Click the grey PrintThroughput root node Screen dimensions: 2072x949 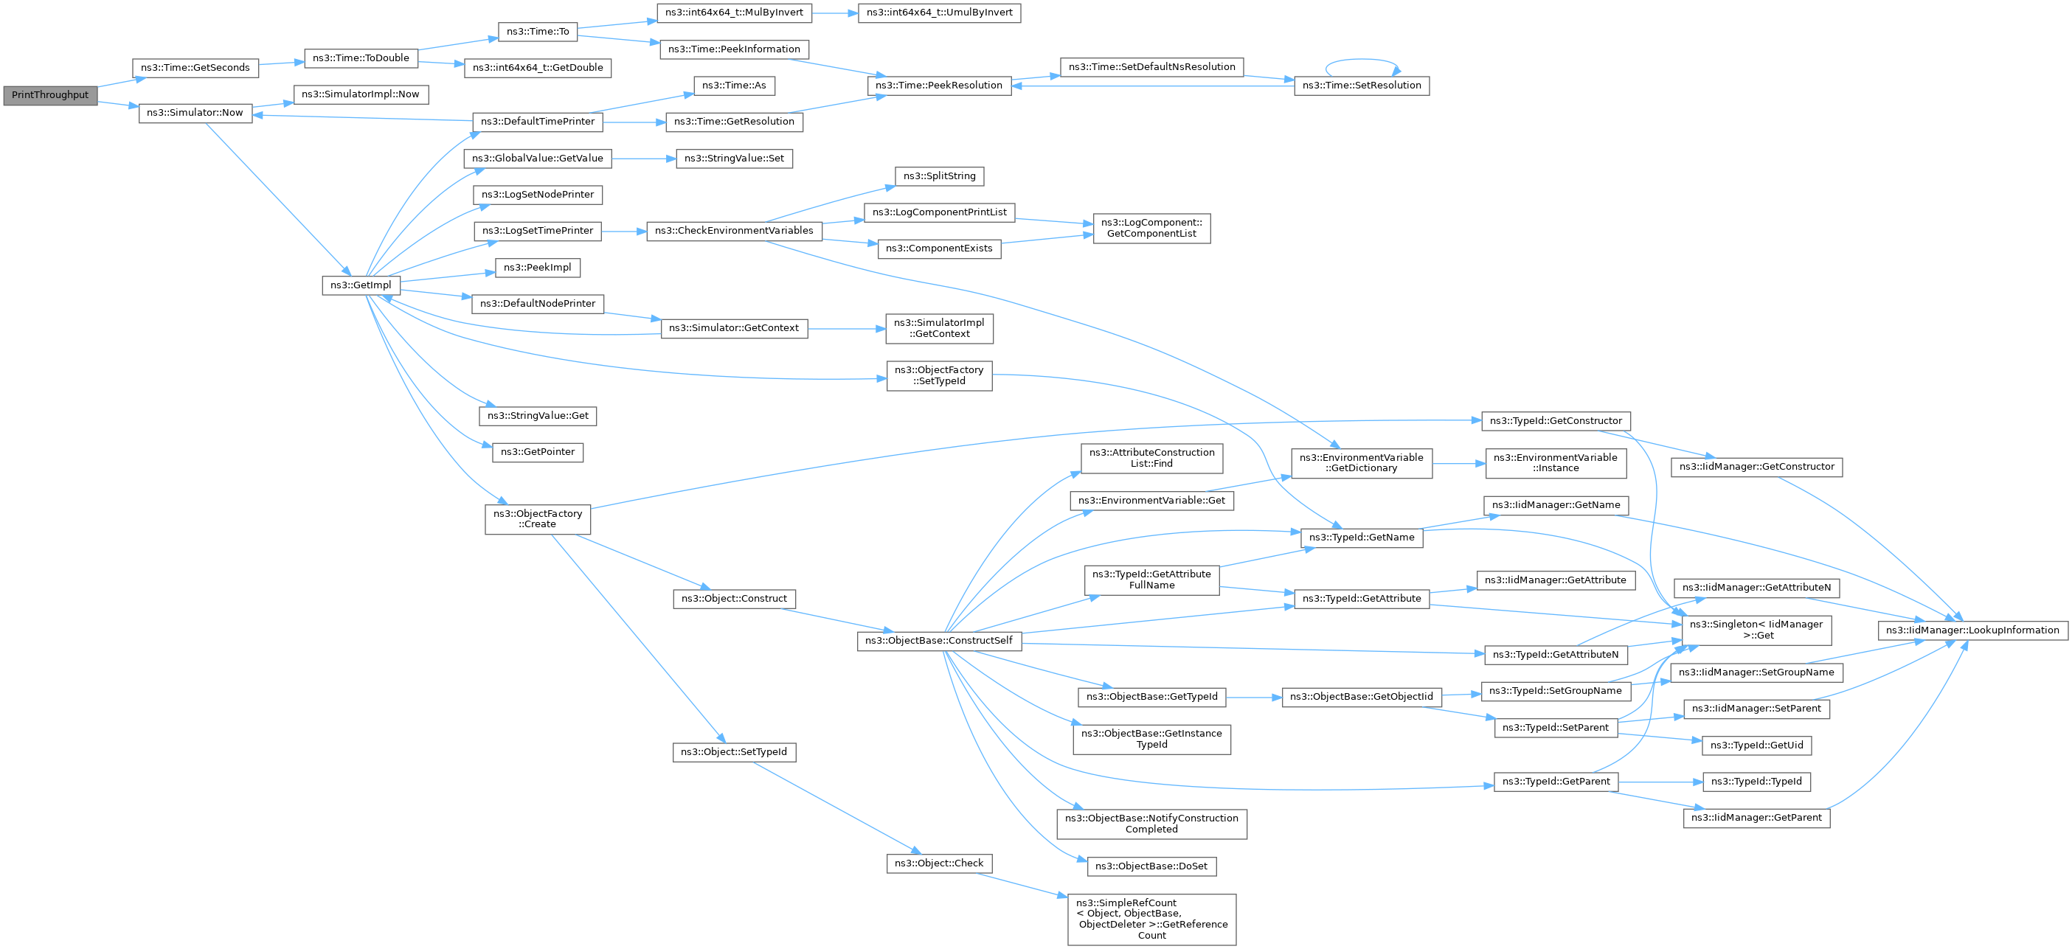click(51, 95)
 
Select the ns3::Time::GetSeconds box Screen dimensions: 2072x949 click(195, 68)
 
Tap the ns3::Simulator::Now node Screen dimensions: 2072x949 click(195, 113)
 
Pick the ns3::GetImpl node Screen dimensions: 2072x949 click(361, 285)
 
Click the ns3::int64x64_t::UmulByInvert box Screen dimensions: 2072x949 click(940, 13)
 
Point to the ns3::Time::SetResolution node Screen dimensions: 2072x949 click(1362, 86)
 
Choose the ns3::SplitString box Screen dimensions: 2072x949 click(940, 176)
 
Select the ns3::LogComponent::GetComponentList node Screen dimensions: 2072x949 click(1152, 229)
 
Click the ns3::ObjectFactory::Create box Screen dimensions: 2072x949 click(537, 518)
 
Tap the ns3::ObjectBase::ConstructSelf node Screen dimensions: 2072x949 click(940, 641)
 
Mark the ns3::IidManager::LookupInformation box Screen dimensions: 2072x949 click(1973, 630)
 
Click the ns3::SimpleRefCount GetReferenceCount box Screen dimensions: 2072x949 click(1152, 920)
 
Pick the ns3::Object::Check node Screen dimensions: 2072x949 click(940, 863)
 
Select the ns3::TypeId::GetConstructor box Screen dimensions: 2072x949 click(1556, 420)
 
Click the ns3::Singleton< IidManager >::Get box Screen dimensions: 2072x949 click(1757, 630)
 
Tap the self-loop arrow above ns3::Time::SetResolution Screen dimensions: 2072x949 click(1362, 61)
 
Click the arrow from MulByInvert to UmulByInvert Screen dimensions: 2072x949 click(835, 13)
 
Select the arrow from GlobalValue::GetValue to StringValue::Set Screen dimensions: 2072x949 click(643, 159)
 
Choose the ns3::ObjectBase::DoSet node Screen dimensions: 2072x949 click(1152, 866)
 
